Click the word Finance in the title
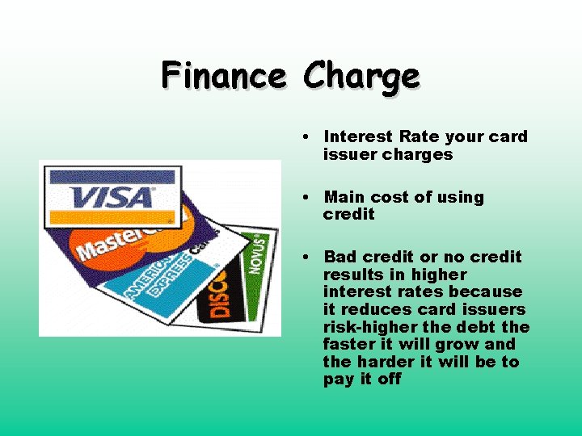(x=223, y=76)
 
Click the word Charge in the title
(x=361, y=78)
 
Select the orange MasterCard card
(x=105, y=243)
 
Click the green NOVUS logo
(x=257, y=257)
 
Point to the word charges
(x=420, y=154)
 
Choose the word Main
(x=344, y=197)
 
